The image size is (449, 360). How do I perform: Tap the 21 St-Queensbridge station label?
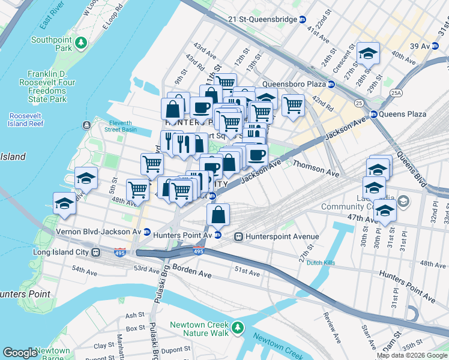tap(262, 19)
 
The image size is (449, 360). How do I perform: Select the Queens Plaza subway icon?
tap(373, 114)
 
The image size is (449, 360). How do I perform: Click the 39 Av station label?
tap(420, 46)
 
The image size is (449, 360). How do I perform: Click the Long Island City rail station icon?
tap(95, 252)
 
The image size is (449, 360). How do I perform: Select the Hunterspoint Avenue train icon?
tap(239, 236)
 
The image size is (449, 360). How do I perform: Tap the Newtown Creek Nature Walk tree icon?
tap(239, 328)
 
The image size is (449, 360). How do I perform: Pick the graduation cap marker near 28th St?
tap(368, 55)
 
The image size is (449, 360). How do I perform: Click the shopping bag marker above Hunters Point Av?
tap(218, 215)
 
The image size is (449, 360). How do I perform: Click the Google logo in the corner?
tap(20, 353)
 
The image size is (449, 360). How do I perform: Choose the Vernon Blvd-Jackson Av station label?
tap(98, 231)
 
